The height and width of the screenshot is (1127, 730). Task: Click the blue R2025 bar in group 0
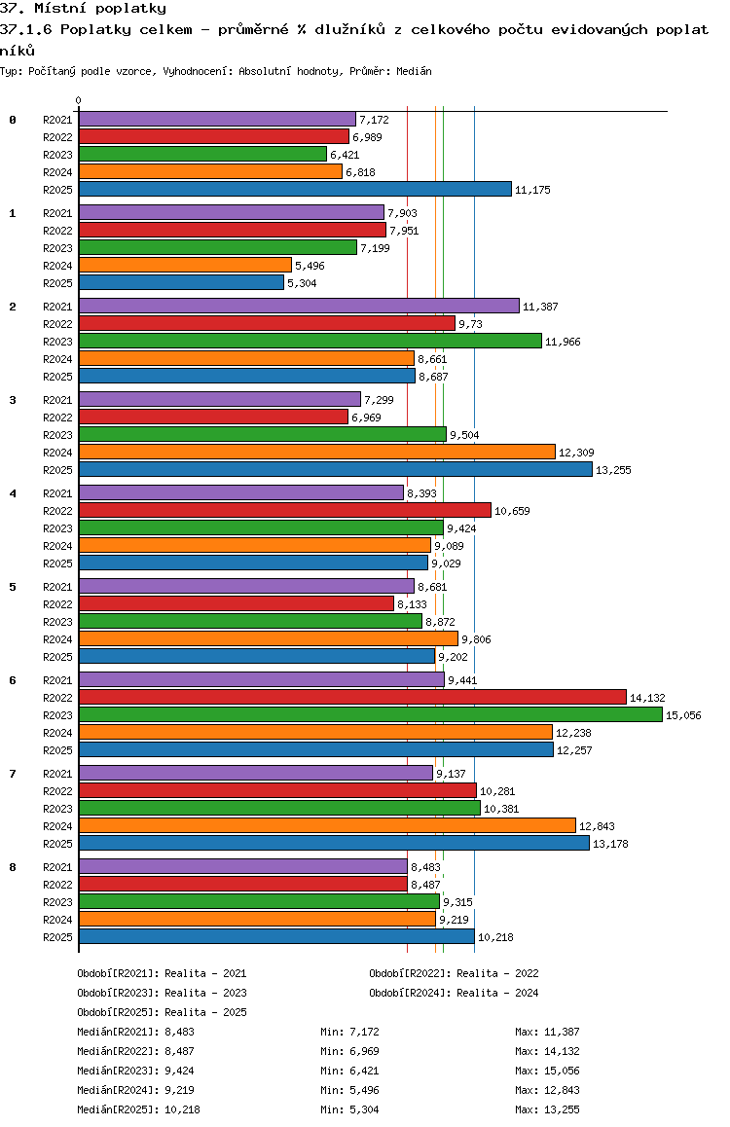295,189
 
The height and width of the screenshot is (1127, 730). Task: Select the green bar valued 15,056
370,714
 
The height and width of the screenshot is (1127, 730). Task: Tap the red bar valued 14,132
352,697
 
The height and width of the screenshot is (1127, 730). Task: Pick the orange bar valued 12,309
316,452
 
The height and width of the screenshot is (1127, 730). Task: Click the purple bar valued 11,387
299,306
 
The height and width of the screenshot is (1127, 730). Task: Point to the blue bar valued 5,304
181,282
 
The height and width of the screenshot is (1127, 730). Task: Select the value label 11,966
562,342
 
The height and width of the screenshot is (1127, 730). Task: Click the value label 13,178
609,844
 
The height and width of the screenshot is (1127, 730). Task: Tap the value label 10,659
511,511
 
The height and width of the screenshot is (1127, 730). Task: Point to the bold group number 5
13,587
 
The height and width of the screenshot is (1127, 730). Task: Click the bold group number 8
13,867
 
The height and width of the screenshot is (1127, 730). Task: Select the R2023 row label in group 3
58,435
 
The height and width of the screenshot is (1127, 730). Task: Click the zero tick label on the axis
79,101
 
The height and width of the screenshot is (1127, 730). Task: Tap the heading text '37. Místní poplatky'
84,9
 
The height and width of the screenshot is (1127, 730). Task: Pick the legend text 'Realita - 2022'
497,973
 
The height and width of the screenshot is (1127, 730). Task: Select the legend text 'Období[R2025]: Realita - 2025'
162,1012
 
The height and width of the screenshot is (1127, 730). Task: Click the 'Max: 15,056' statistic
547,1071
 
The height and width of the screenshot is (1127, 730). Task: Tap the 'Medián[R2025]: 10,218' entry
139,1109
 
